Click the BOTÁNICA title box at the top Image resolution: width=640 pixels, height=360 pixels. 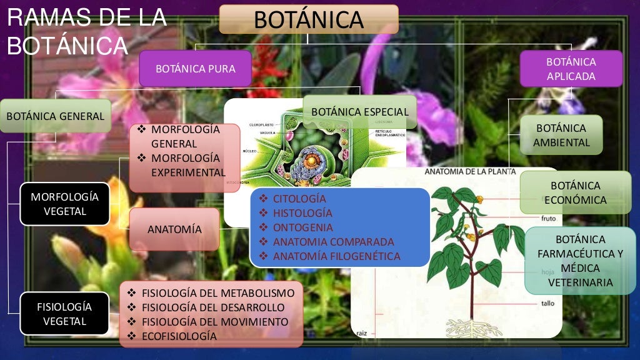point(309,19)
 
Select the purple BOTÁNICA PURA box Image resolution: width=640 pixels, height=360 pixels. point(195,68)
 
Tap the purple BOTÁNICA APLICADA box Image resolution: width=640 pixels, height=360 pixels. point(571,69)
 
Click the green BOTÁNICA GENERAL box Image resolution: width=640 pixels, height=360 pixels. point(55,116)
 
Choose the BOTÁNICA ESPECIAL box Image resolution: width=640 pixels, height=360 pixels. point(359,112)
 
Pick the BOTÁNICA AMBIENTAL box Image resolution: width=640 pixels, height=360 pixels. point(561,135)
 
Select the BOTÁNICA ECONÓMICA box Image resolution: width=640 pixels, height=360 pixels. point(575,192)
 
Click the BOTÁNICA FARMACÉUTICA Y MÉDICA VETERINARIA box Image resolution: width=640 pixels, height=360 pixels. point(580,261)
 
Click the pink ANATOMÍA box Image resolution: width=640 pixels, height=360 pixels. point(174,229)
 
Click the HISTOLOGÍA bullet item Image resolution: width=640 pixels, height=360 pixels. point(303,213)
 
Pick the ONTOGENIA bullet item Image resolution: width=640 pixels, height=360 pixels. point(302,227)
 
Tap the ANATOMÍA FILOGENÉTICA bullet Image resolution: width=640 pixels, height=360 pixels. point(336,256)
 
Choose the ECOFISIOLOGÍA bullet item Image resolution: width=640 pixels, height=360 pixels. point(179,336)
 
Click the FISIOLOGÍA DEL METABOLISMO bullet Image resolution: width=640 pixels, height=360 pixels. point(217,292)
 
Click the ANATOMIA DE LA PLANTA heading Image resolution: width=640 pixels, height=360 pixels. point(470,171)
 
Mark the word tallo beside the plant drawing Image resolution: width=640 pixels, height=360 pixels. point(547,304)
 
